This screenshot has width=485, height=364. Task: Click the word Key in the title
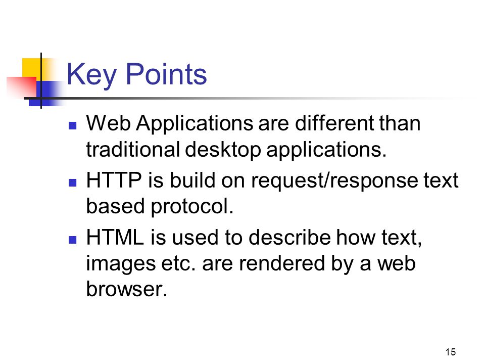tap(91, 75)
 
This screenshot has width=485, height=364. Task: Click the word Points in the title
tap(166, 74)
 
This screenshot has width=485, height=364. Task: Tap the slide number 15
tap(450, 352)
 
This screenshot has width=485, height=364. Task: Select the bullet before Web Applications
tap(72, 125)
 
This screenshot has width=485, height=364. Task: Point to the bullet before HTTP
tap(72, 183)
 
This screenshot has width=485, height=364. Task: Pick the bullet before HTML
tap(72, 240)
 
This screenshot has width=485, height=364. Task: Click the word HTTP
tap(114, 180)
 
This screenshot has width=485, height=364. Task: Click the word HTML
tap(115, 237)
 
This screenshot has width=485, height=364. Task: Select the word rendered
tap(282, 263)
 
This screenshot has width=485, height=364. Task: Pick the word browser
tap(126, 289)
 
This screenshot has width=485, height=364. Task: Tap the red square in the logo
tap(22, 87)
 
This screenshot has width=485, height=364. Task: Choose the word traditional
tap(133, 149)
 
